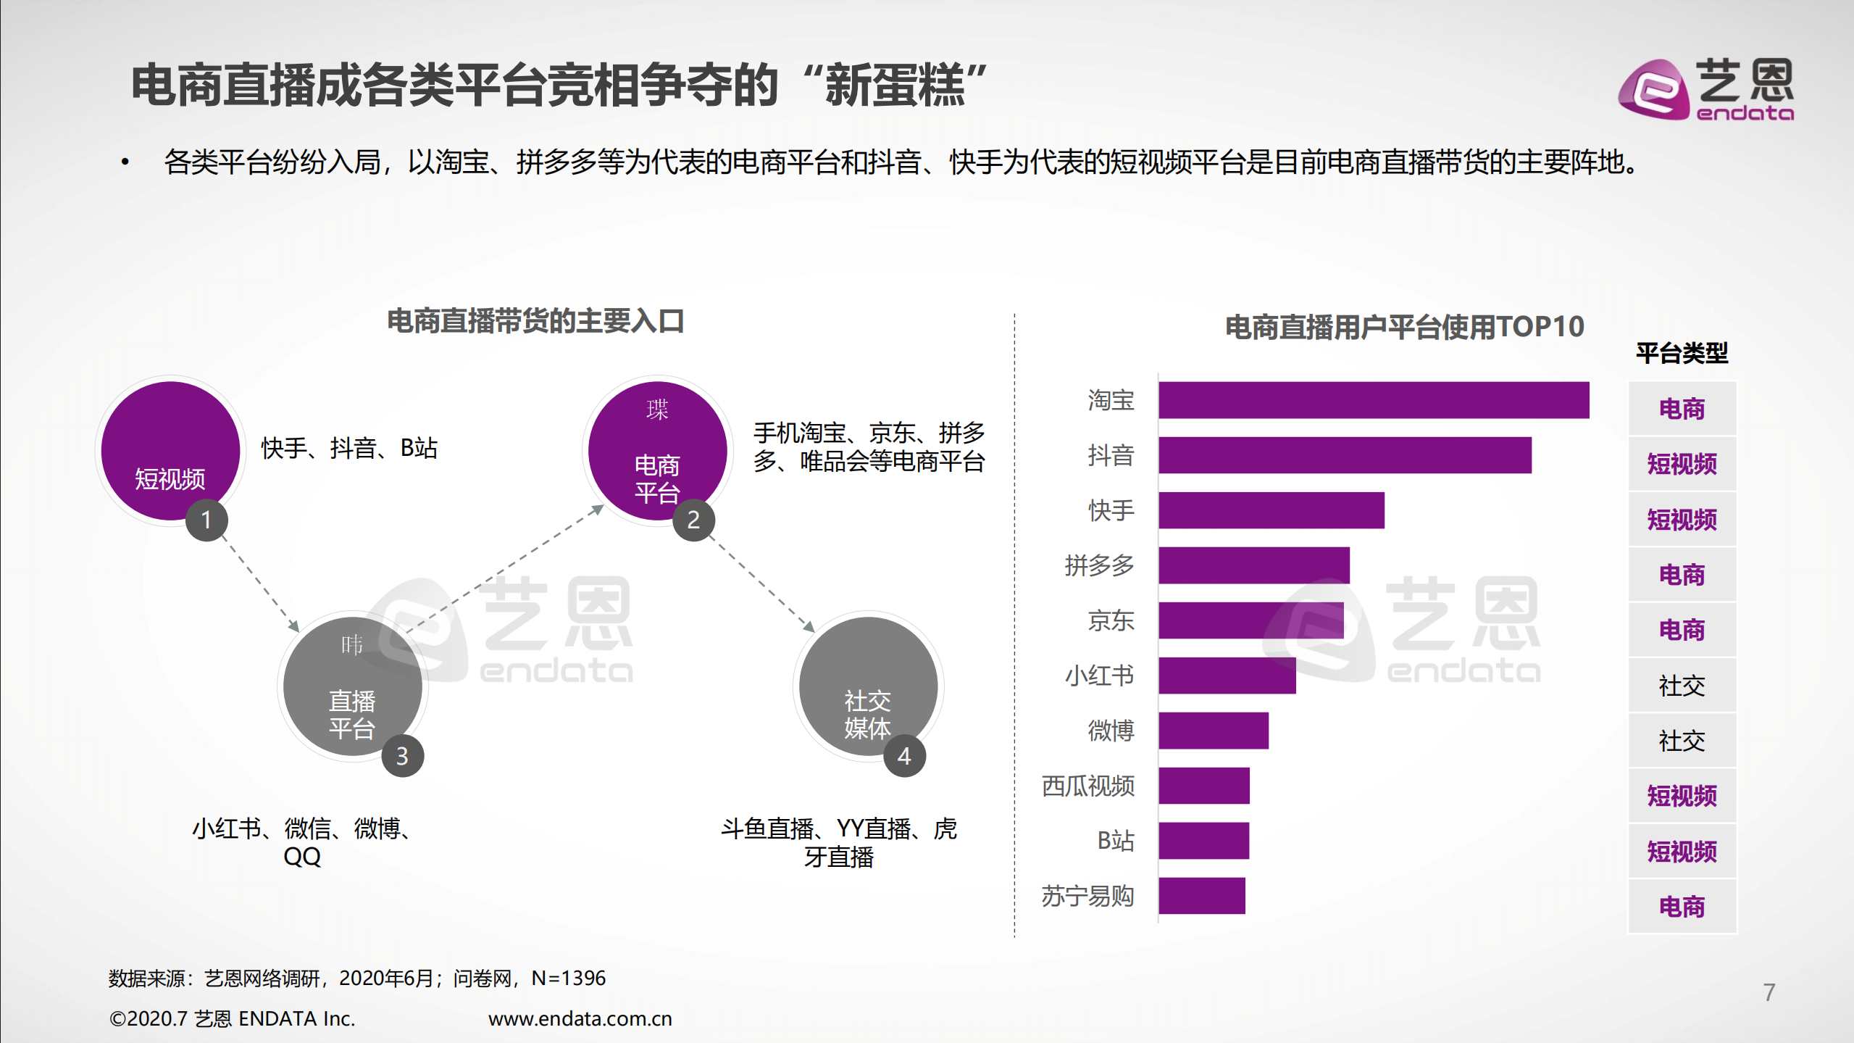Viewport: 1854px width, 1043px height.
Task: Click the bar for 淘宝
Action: coord(1373,400)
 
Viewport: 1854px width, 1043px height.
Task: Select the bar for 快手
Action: coord(1271,510)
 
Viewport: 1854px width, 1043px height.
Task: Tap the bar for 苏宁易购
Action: coord(1201,896)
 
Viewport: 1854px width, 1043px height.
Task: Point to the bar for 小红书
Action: coord(1227,676)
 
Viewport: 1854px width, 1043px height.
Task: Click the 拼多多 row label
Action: coord(1098,565)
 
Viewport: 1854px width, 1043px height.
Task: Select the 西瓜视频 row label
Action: coord(1087,786)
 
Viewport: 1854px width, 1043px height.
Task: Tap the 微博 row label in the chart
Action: coord(1110,731)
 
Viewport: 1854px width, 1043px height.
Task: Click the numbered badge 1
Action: coord(206,520)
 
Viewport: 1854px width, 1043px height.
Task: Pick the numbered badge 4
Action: coord(903,756)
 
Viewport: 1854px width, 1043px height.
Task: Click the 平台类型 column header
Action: coord(1682,353)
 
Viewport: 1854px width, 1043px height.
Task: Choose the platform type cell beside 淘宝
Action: coord(1682,409)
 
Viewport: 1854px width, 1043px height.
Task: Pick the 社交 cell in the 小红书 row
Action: coord(1682,685)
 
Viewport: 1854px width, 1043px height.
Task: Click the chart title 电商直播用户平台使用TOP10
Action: coord(1404,327)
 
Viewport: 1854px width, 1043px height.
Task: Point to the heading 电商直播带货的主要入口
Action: coord(535,321)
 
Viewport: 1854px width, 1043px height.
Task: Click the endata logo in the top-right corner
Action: coord(1706,89)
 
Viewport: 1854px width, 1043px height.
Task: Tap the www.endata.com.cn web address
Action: coord(580,1018)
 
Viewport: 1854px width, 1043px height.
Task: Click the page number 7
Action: coord(1769,992)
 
